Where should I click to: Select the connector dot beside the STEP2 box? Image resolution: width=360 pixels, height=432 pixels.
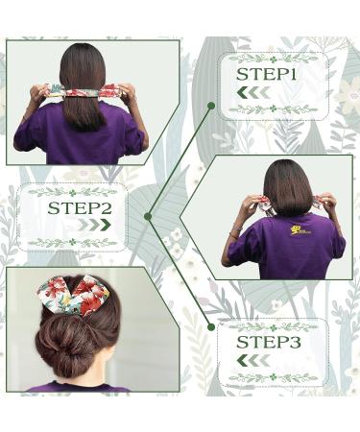pos(147,216)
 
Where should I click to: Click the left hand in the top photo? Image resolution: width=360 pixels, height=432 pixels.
pos(39,94)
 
